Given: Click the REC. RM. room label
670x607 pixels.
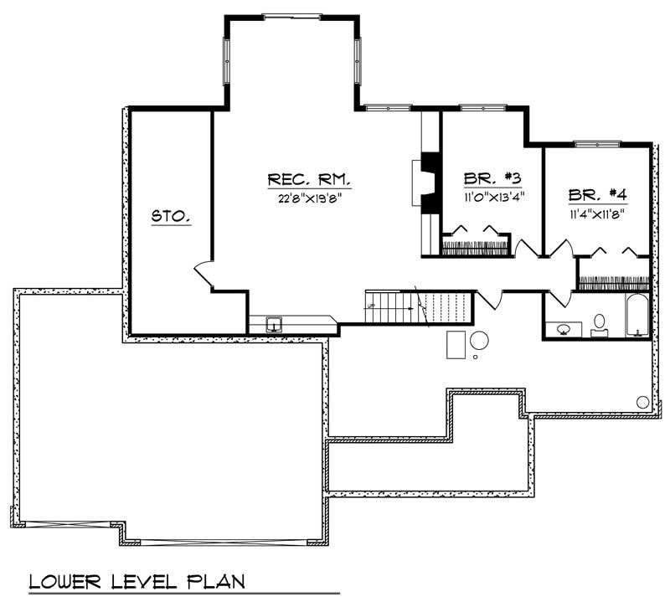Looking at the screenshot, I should point(308,180).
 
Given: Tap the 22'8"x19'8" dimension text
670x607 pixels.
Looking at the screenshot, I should point(308,198).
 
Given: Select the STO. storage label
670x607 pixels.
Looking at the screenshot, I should point(171,217).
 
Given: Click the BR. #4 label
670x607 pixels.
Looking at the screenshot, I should point(597,195).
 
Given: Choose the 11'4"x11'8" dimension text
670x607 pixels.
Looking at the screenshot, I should point(597,213).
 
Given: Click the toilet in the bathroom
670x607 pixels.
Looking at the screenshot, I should point(600,324).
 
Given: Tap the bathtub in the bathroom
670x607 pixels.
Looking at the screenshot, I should point(636,316).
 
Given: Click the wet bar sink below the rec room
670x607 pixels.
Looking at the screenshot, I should point(274,324).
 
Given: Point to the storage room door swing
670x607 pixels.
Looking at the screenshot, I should point(204,274).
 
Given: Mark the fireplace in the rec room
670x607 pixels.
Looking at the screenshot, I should point(423,183).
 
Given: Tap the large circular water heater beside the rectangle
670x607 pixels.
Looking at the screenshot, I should point(480,342).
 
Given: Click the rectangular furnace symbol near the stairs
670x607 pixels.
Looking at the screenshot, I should point(456,343).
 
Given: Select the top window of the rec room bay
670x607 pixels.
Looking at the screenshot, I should point(291,15).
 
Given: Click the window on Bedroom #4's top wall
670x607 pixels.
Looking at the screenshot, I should point(596,146).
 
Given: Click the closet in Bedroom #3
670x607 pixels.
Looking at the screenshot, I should point(475,244).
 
